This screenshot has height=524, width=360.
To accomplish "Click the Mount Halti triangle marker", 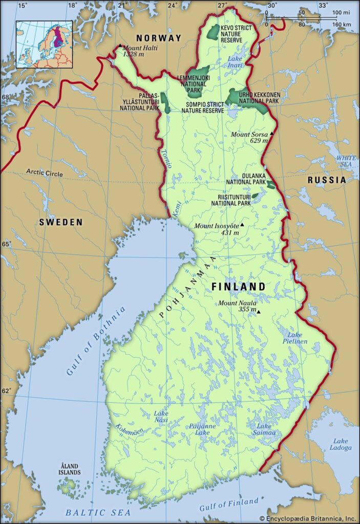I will [x=120, y=46].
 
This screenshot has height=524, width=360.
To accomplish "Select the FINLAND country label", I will [x=238, y=287].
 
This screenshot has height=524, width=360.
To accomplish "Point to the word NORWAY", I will [x=158, y=38].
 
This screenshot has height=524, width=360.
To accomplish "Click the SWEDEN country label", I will [x=61, y=222].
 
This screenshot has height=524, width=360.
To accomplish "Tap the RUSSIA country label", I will [x=326, y=180].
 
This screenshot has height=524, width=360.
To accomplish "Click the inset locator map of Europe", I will [x=44, y=44].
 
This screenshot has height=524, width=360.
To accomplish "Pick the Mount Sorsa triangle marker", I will [x=272, y=134].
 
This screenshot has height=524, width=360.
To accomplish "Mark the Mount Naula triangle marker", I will [x=259, y=312].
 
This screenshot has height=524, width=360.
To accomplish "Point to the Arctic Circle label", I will [x=45, y=173].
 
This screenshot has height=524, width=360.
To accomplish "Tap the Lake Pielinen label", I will [x=294, y=337].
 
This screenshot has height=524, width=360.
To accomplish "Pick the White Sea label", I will [x=346, y=162].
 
